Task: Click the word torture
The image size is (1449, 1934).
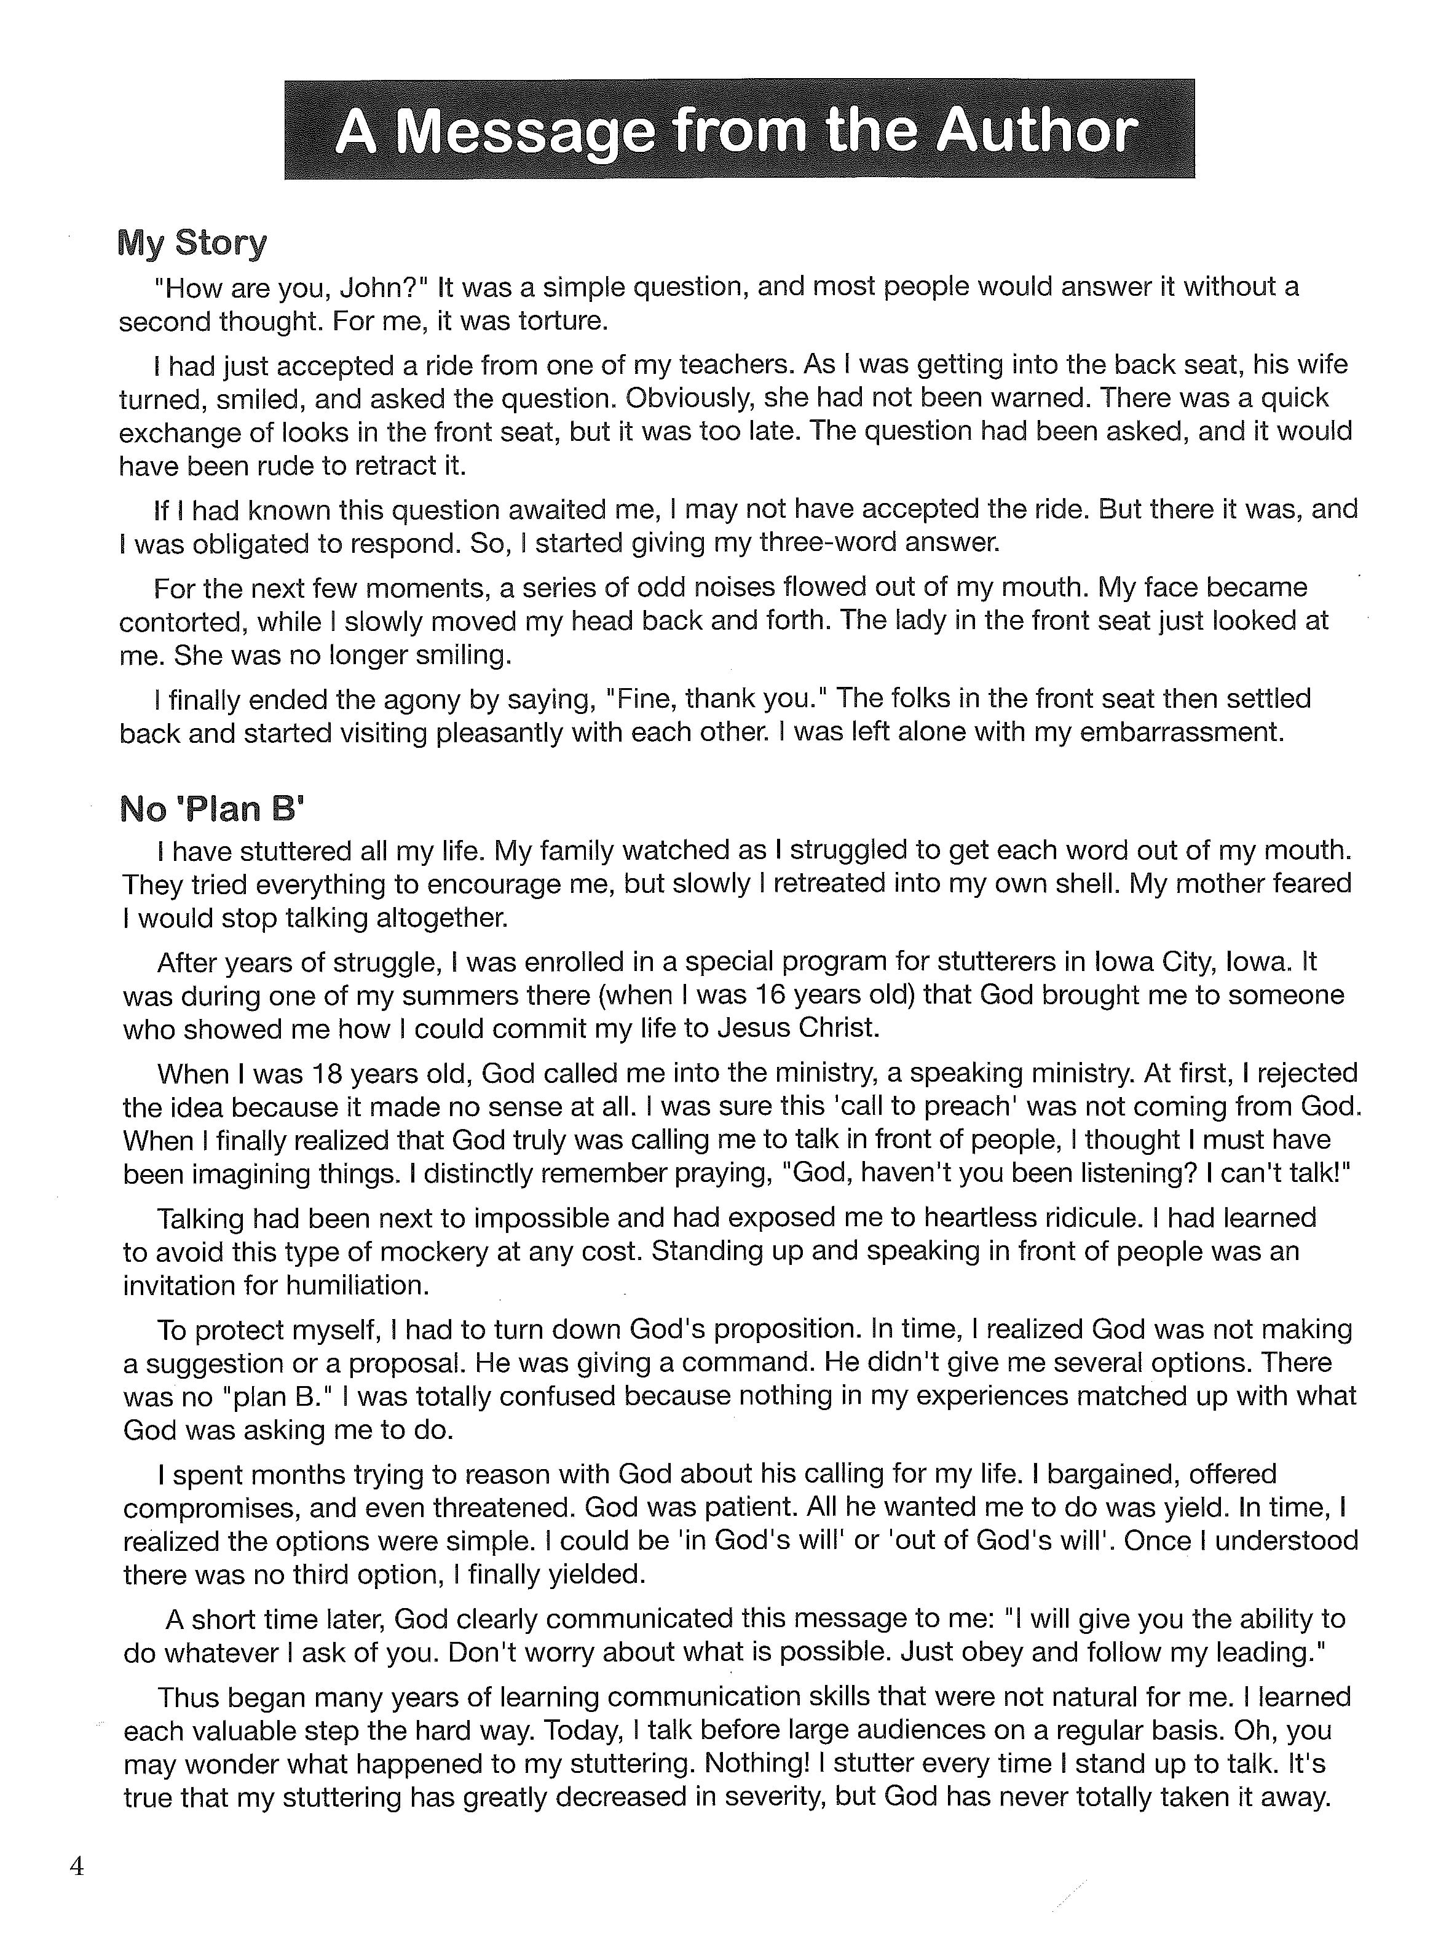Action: point(562,321)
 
